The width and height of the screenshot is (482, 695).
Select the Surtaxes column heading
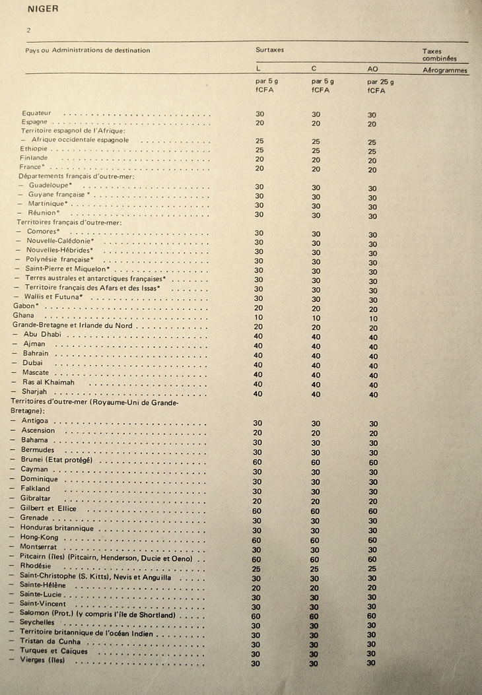click(269, 50)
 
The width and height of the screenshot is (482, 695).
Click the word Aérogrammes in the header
click(445, 70)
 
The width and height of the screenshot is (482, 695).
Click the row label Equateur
click(36, 113)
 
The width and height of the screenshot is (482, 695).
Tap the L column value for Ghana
click(259, 317)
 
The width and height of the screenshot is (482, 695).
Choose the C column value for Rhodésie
click(316, 568)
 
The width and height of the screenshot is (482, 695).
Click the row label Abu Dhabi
click(42, 335)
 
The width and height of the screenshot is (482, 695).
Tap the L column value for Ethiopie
click(259, 150)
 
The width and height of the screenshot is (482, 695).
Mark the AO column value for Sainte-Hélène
click(373, 587)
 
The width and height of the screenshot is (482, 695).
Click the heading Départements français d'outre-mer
click(77, 176)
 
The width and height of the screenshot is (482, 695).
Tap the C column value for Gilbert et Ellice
click(316, 511)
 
